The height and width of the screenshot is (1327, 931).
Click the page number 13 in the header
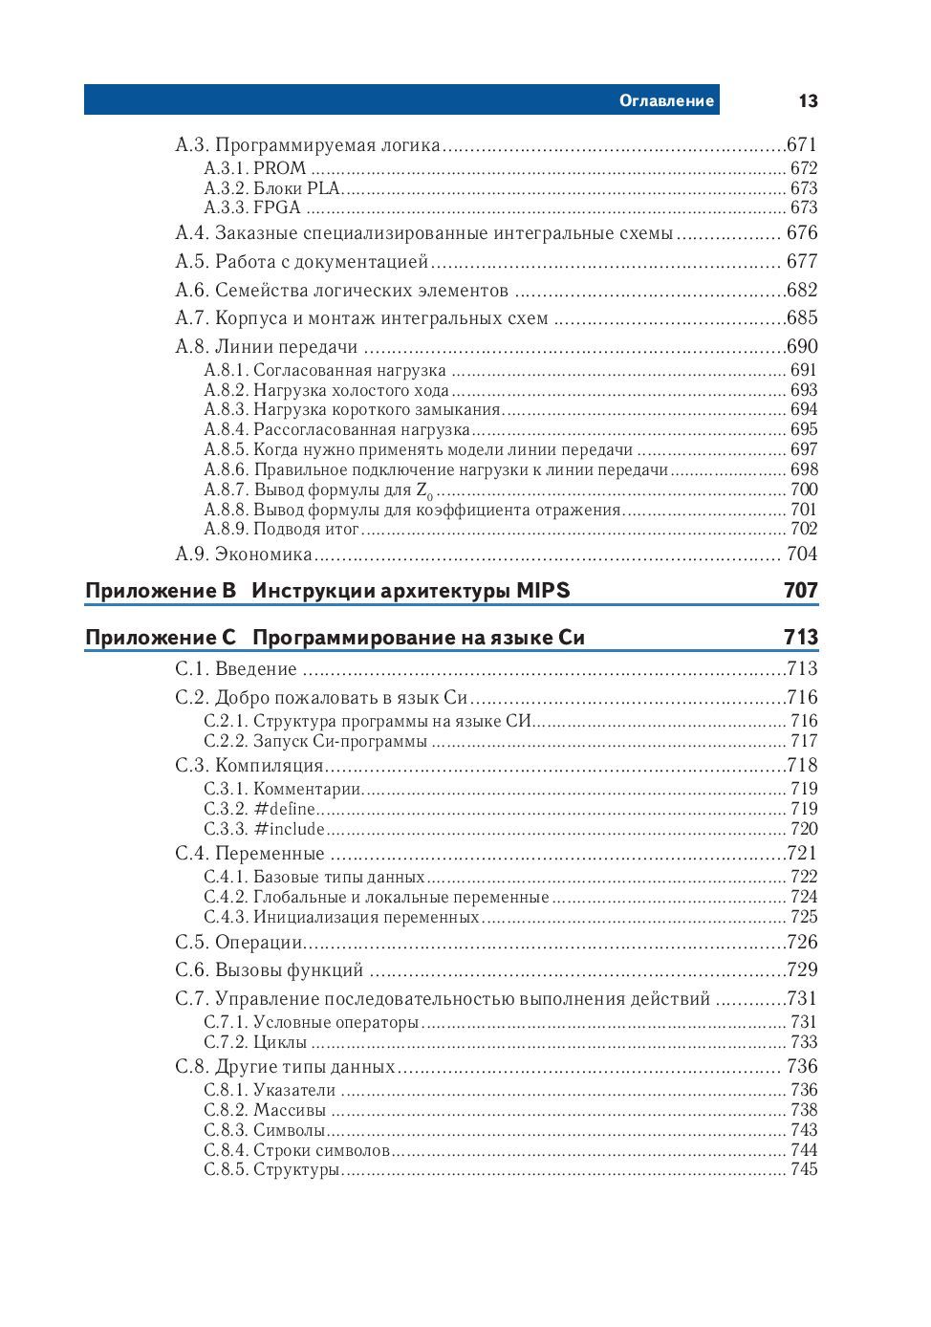click(808, 101)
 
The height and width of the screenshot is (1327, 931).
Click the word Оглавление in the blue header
click(666, 101)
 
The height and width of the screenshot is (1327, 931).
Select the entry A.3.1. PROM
click(255, 168)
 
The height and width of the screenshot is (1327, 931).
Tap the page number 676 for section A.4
click(802, 233)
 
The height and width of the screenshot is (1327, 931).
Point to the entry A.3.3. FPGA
click(252, 207)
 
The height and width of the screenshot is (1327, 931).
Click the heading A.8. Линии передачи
click(267, 347)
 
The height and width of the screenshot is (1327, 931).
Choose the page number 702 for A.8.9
click(804, 529)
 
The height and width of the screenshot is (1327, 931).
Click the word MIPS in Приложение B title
click(543, 591)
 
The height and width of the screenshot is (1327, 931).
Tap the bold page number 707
click(801, 591)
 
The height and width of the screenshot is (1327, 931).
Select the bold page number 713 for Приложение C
click(801, 638)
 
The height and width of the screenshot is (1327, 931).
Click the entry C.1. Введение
click(236, 669)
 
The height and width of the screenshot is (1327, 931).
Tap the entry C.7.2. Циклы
click(255, 1042)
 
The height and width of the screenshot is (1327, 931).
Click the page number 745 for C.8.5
click(804, 1169)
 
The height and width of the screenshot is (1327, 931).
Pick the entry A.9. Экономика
click(244, 555)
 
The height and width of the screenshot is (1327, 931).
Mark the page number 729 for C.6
click(802, 970)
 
